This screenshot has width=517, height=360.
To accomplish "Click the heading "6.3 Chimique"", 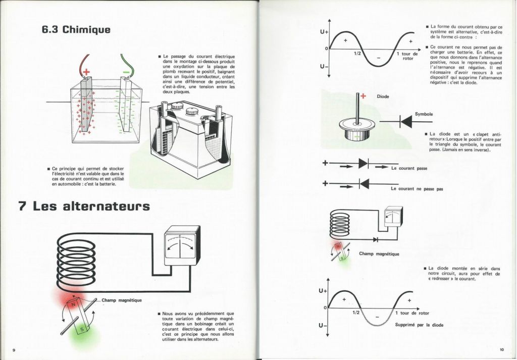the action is pyautogui.click(x=76, y=29).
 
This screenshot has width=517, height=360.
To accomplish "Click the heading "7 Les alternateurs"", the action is pyautogui.click(x=84, y=207).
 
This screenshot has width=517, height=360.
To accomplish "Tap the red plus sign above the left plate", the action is pyautogui.click(x=86, y=72).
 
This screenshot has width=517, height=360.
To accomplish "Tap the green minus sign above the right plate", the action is pyautogui.click(x=126, y=72).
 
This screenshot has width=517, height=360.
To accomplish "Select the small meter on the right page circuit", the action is pyautogui.click(x=393, y=216).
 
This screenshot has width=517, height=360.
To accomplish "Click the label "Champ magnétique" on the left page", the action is pyautogui.click(x=122, y=300).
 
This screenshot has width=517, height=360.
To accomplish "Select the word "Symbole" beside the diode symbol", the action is pyautogui.click(x=424, y=114).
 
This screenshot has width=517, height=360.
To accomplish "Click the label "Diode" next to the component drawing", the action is pyautogui.click(x=383, y=96).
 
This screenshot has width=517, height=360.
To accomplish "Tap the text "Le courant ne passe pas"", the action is pyautogui.click(x=417, y=189).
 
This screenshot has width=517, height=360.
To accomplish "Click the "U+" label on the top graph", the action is pyautogui.click(x=324, y=32).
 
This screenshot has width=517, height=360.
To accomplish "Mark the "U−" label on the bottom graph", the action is pyautogui.click(x=323, y=326).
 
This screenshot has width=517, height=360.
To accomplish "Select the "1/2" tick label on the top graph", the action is pyautogui.click(x=357, y=53).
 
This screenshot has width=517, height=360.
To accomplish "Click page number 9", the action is pyautogui.click(x=14, y=350).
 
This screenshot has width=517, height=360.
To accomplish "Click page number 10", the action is pyautogui.click(x=502, y=350).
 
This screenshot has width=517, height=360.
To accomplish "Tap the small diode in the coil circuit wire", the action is pyautogui.click(x=375, y=240).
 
